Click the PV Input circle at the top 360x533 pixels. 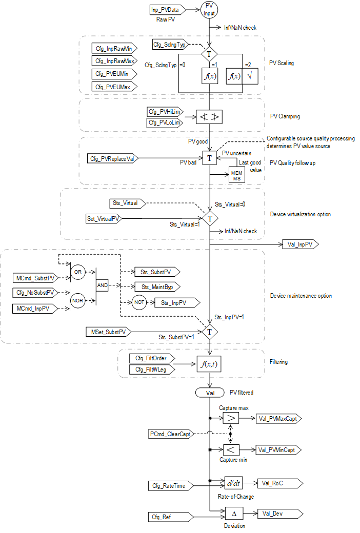tap(210, 10)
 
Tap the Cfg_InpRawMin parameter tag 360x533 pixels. tap(111, 49)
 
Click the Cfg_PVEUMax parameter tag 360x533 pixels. tap(111, 87)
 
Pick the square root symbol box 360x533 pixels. tap(250, 76)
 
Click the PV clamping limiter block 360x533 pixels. tap(210, 118)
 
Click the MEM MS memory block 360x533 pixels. tap(237, 175)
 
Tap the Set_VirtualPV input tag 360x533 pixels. tap(104, 219)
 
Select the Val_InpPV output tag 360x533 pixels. tap(300, 244)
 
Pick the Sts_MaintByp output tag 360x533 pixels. tap(156, 287)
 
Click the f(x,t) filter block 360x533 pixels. tap(210, 364)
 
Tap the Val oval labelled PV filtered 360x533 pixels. tap(210, 392)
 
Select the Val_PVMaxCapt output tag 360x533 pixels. tap(278, 419)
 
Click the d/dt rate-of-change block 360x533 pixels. tap(233, 483)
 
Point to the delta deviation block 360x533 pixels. tap(233, 513)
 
